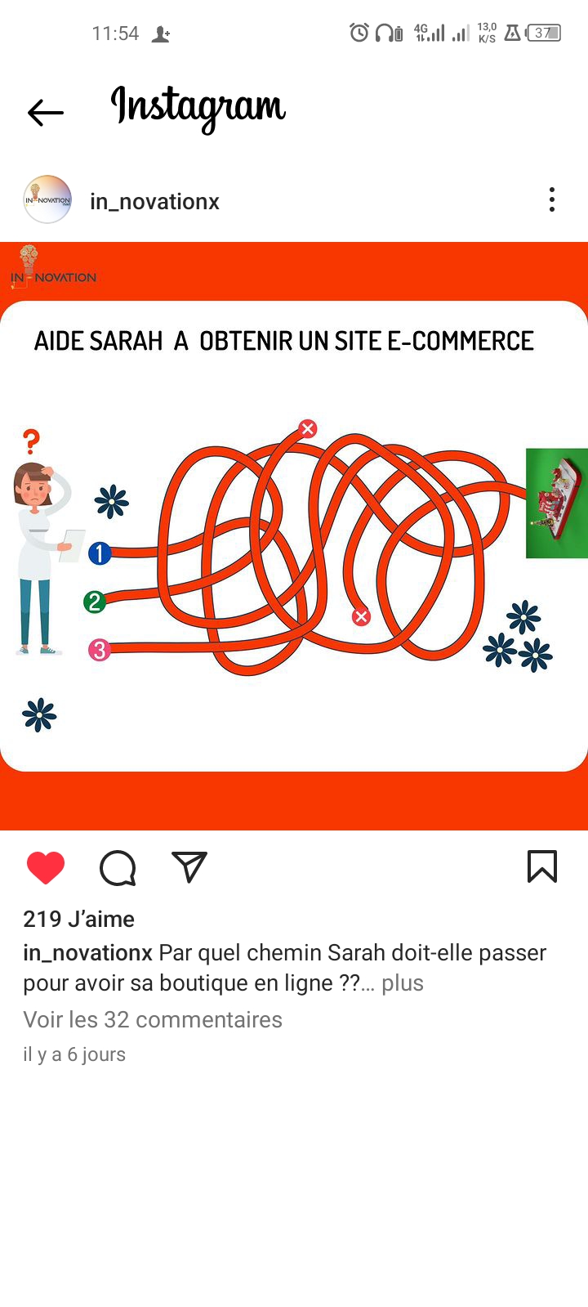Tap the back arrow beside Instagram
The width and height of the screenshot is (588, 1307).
click(46, 113)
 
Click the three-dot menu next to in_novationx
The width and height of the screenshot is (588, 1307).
click(552, 199)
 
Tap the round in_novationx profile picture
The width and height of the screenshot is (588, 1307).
click(47, 199)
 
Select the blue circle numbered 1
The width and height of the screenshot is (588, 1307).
click(100, 553)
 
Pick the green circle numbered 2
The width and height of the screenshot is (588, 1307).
click(95, 602)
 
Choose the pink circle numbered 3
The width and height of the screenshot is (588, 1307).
click(100, 650)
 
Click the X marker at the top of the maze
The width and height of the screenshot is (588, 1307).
click(308, 429)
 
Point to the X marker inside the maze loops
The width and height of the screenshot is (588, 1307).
click(361, 616)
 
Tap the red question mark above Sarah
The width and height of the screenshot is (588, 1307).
click(32, 441)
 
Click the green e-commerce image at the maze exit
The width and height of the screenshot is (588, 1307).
click(556, 503)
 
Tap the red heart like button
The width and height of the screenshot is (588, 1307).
click(46, 867)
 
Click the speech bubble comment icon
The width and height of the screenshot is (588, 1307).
click(118, 868)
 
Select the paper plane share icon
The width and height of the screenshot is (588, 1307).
click(189, 866)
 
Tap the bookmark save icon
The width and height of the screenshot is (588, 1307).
click(542, 866)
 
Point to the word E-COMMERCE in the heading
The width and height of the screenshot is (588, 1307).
click(461, 342)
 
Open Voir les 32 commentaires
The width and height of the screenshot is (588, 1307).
click(153, 1020)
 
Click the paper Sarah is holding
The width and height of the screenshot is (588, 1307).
click(72, 545)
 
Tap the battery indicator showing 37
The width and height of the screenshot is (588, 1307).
click(544, 33)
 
